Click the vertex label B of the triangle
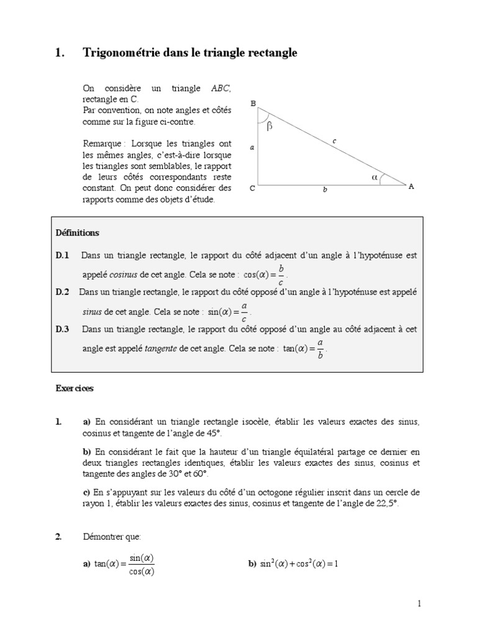(x=253, y=104)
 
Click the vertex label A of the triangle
(x=411, y=186)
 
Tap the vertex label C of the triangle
(x=253, y=188)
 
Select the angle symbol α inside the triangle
(x=374, y=177)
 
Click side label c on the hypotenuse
(x=334, y=142)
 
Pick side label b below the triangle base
(x=324, y=190)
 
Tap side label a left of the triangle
(x=252, y=148)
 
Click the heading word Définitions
(x=77, y=233)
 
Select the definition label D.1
(x=63, y=255)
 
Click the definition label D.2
(x=63, y=291)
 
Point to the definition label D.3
(x=63, y=329)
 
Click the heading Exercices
(x=75, y=388)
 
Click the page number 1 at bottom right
(x=419, y=603)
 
